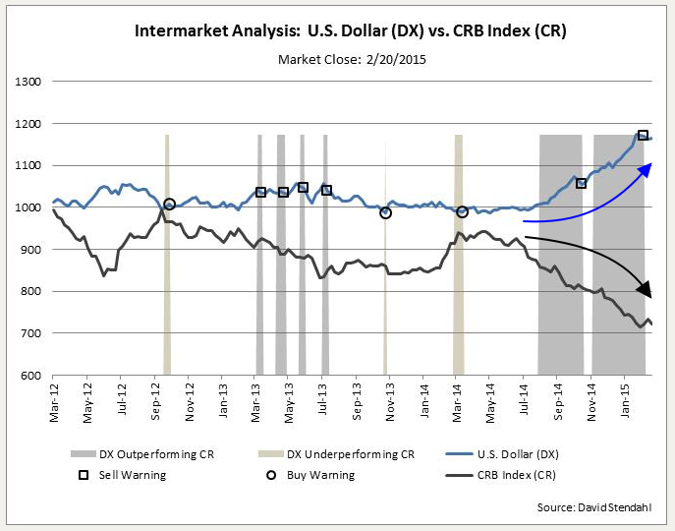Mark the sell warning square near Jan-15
(643, 135)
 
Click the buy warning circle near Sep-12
(169, 204)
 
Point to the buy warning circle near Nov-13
(385, 212)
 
